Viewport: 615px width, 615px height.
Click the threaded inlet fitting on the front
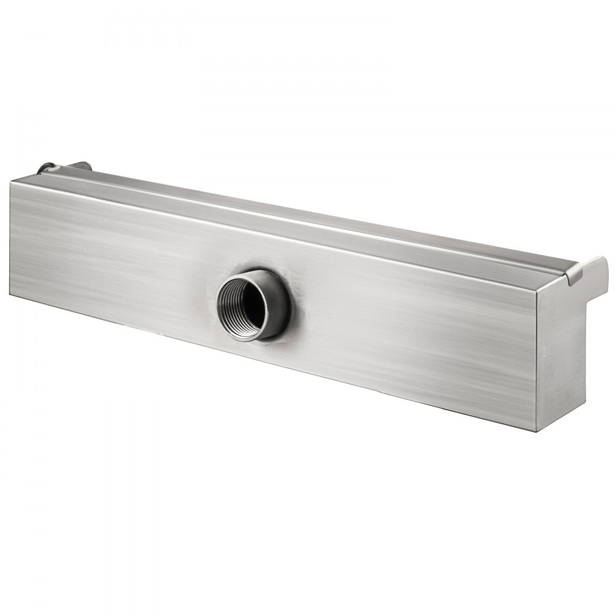pos(252,305)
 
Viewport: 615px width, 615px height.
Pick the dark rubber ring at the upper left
pos(47,167)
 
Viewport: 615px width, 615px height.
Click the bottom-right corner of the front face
pos(536,429)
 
